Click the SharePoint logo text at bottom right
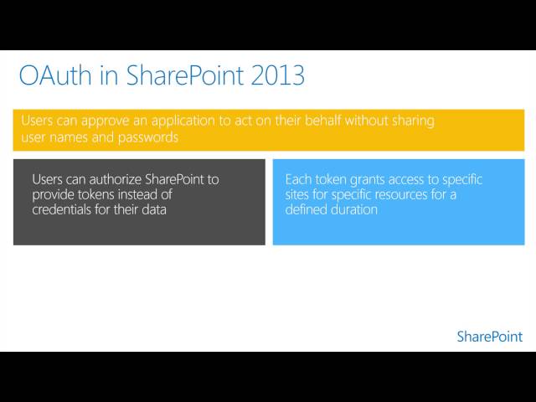point(489,337)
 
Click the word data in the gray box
point(152,209)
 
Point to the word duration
point(355,209)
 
